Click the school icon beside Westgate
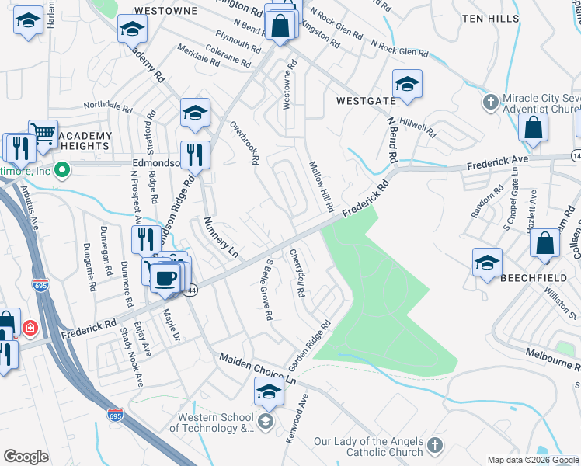(x=406, y=85)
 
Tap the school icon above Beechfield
(x=487, y=263)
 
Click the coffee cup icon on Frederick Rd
(x=165, y=277)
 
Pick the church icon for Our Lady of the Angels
(x=434, y=446)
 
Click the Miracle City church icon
(x=490, y=102)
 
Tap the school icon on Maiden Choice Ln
(x=269, y=391)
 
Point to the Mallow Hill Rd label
(x=322, y=188)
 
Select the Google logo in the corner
(x=26, y=457)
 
